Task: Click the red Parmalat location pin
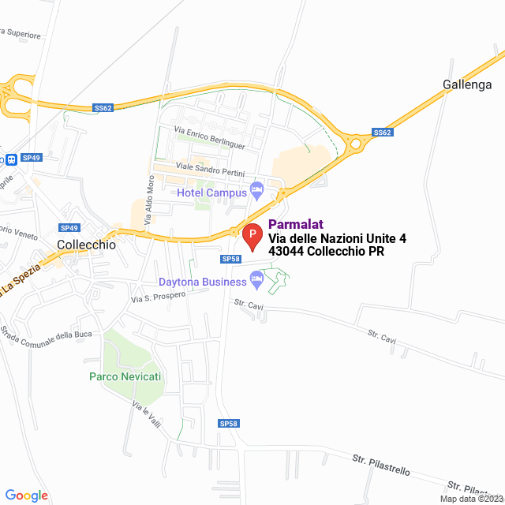[x=252, y=236]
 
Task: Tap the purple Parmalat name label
[x=296, y=224]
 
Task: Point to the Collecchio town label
[x=87, y=245]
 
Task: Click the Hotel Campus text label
[x=211, y=193]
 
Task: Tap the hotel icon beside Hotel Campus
[x=256, y=189]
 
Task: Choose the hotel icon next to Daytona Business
[x=256, y=278]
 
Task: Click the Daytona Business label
[x=203, y=282]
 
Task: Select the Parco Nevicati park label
[x=125, y=376]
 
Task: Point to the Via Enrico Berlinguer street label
[x=210, y=139]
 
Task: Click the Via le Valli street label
[x=147, y=415]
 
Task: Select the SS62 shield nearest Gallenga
[x=382, y=133]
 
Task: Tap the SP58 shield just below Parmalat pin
[x=230, y=259]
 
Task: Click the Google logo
[x=26, y=496]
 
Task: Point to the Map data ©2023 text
[x=471, y=499]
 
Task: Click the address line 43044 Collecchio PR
[x=327, y=252]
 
